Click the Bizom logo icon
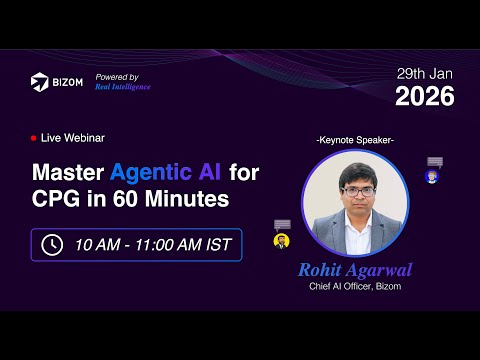point(39,82)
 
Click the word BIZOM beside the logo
point(67,83)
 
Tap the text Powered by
point(117,77)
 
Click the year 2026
point(424,97)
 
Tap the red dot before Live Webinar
point(34,137)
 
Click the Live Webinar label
point(73,137)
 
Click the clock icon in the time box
point(52,244)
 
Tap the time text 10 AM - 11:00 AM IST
point(152,244)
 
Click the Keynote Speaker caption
point(354,140)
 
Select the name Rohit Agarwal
point(354,271)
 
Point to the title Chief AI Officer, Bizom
point(354,288)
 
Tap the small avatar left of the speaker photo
point(282,241)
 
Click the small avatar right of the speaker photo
point(432,177)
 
